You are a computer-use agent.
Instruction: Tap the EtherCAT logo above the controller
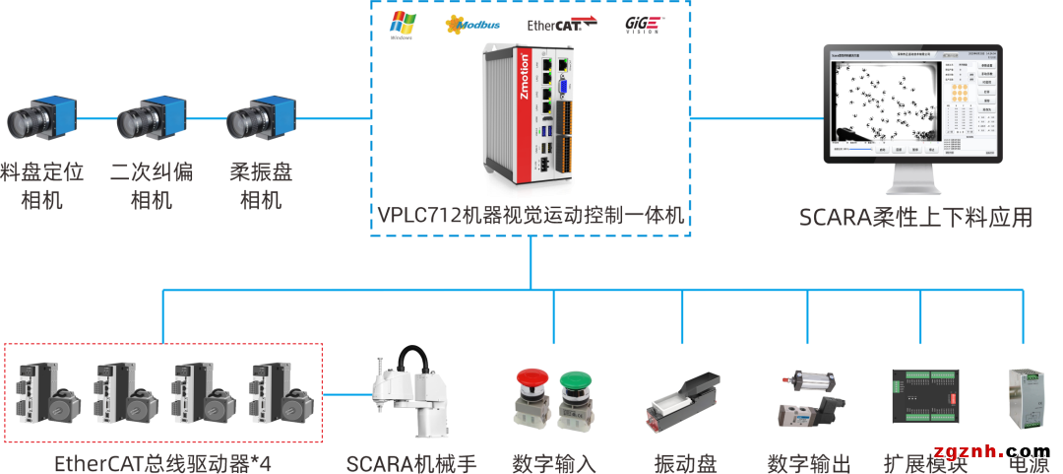tap(562, 25)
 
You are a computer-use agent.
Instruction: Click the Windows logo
tap(401, 25)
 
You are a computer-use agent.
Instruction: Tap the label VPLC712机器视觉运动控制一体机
tap(531, 215)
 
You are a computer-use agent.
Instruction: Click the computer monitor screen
tap(914, 105)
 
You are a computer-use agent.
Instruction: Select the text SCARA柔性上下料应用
tap(915, 218)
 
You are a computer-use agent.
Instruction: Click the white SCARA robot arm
tap(407, 394)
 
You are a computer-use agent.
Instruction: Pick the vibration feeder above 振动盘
tap(684, 401)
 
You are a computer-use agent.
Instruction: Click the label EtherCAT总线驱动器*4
tap(161, 463)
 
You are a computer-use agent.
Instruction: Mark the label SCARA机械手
tap(411, 463)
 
